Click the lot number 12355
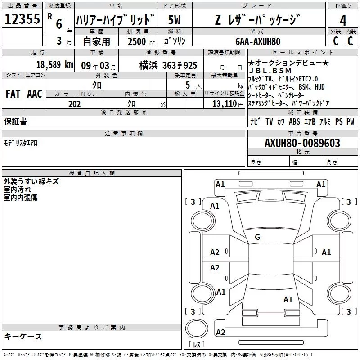pos(22,19)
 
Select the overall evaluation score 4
pos(343,21)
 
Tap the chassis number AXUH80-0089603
pos(302,144)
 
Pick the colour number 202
pos(74,104)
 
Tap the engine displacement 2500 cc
pos(138,41)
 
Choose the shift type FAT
pos(13,94)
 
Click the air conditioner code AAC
pos(34,94)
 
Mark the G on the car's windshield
pos(257,237)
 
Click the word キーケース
pos(23,337)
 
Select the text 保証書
pos(15,121)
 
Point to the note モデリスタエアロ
pos(21,143)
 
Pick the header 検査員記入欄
pos(92,173)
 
